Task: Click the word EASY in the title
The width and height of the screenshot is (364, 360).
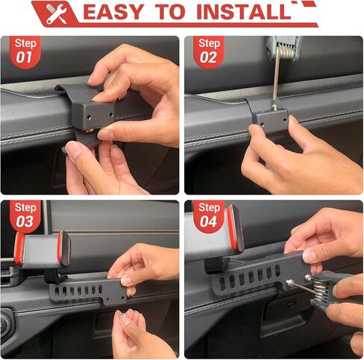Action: (x=113, y=12)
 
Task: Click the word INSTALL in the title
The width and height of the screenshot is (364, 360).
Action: (x=244, y=12)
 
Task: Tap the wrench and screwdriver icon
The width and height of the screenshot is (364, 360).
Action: (x=56, y=13)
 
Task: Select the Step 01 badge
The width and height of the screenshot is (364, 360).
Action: (x=25, y=51)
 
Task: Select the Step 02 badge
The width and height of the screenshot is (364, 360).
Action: (x=209, y=51)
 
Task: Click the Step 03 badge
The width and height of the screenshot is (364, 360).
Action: (x=25, y=215)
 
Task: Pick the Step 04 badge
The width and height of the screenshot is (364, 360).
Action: (x=209, y=215)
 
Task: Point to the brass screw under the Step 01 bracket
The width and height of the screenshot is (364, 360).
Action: (x=90, y=130)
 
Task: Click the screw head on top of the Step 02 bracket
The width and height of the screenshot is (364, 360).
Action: (x=274, y=107)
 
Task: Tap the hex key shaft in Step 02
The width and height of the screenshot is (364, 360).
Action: (x=276, y=79)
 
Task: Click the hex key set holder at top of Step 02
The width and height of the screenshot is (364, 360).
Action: (x=285, y=48)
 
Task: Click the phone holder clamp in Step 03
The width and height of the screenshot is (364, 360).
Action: (x=43, y=250)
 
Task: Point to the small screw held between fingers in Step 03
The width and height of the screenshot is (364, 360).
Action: (x=122, y=316)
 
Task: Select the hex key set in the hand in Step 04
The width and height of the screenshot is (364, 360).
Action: (x=323, y=288)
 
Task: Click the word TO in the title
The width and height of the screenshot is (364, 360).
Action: (x=170, y=12)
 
